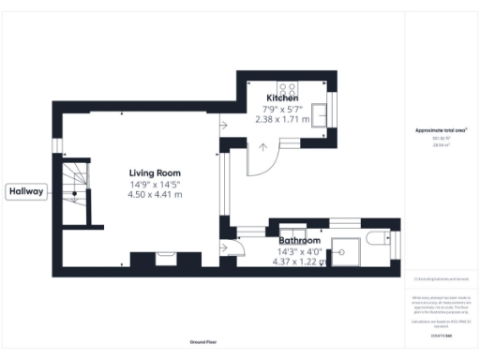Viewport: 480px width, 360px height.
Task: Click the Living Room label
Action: pos(155,172)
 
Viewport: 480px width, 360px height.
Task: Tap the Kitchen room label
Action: pos(282,98)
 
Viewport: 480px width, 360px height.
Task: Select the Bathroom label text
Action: pos(300,241)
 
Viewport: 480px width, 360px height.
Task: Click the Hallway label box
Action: pos(26,191)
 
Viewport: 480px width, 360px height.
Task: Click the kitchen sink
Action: pos(321,113)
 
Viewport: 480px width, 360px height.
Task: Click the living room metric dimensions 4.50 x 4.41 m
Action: pos(155,195)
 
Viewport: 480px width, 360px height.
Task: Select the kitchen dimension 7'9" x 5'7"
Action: pos(282,110)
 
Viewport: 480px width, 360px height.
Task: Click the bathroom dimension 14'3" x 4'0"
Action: pos(300,251)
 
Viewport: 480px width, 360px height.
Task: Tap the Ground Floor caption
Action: pos(203,343)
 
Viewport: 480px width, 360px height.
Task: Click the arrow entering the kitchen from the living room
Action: pos(222,125)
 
